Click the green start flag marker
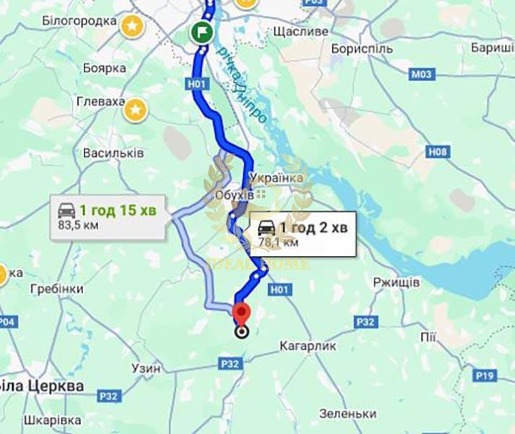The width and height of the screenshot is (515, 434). click(201, 33)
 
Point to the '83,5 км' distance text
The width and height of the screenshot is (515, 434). click(78, 225)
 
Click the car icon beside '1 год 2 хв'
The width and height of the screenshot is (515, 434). click(266, 227)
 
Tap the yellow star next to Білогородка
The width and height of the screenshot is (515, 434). click(133, 27)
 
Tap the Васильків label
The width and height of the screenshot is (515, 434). click(113, 153)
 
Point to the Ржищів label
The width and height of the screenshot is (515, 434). click(397, 282)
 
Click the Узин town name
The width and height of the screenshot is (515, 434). click(147, 368)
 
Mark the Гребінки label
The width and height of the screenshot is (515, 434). click(57, 289)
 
